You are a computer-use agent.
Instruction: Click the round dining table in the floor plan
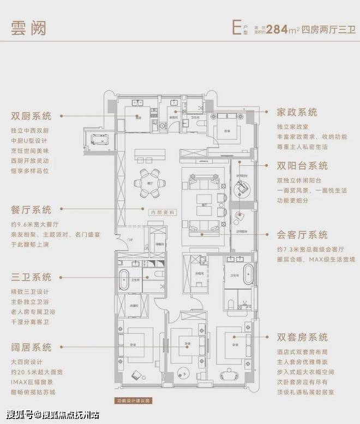[149, 183]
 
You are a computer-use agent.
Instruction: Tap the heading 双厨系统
[31, 116]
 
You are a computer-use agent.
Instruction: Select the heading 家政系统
[297, 112]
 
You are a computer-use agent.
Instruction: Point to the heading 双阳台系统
[302, 166]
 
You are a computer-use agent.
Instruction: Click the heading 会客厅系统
[302, 235]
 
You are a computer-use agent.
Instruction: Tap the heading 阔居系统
[31, 347]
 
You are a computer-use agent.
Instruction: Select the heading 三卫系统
[31, 277]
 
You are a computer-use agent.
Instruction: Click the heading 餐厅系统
[31, 210]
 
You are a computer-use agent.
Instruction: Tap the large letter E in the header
[236, 28]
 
